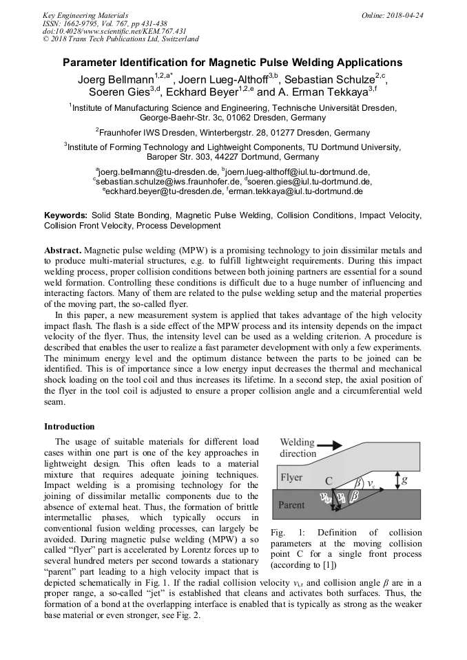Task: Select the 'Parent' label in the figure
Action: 292,504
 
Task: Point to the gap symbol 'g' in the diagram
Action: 413,477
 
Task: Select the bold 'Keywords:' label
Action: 66,215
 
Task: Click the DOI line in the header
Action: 114,31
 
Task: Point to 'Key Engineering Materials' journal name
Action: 85,14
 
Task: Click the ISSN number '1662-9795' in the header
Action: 86,23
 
